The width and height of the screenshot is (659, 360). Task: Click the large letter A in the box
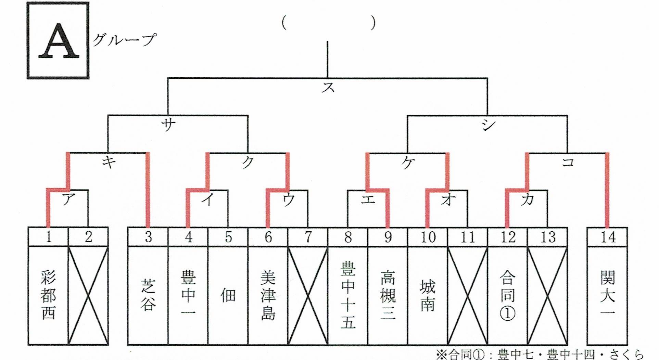point(58,41)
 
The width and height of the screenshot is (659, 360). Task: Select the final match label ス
point(328,87)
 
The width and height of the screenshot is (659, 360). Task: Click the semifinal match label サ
point(168,124)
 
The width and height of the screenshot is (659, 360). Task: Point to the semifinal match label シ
point(488,125)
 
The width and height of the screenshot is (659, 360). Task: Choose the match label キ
point(109,162)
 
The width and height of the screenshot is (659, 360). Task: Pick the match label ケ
point(408,163)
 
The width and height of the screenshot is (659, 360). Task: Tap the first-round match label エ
point(368,200)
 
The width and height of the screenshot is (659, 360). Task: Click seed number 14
point(608,237)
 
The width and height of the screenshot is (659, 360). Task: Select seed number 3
point(148,237)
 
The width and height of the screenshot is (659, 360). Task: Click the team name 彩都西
point(48,295)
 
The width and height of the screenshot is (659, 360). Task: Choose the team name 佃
point(228,295)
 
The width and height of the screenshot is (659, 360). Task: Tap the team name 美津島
point(268,295)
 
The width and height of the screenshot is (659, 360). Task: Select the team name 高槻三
point(388,295)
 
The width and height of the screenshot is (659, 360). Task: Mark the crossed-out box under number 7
point(308,295)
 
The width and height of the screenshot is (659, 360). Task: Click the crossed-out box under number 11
point(468,295)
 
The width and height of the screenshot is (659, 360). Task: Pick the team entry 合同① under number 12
point(508,295)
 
